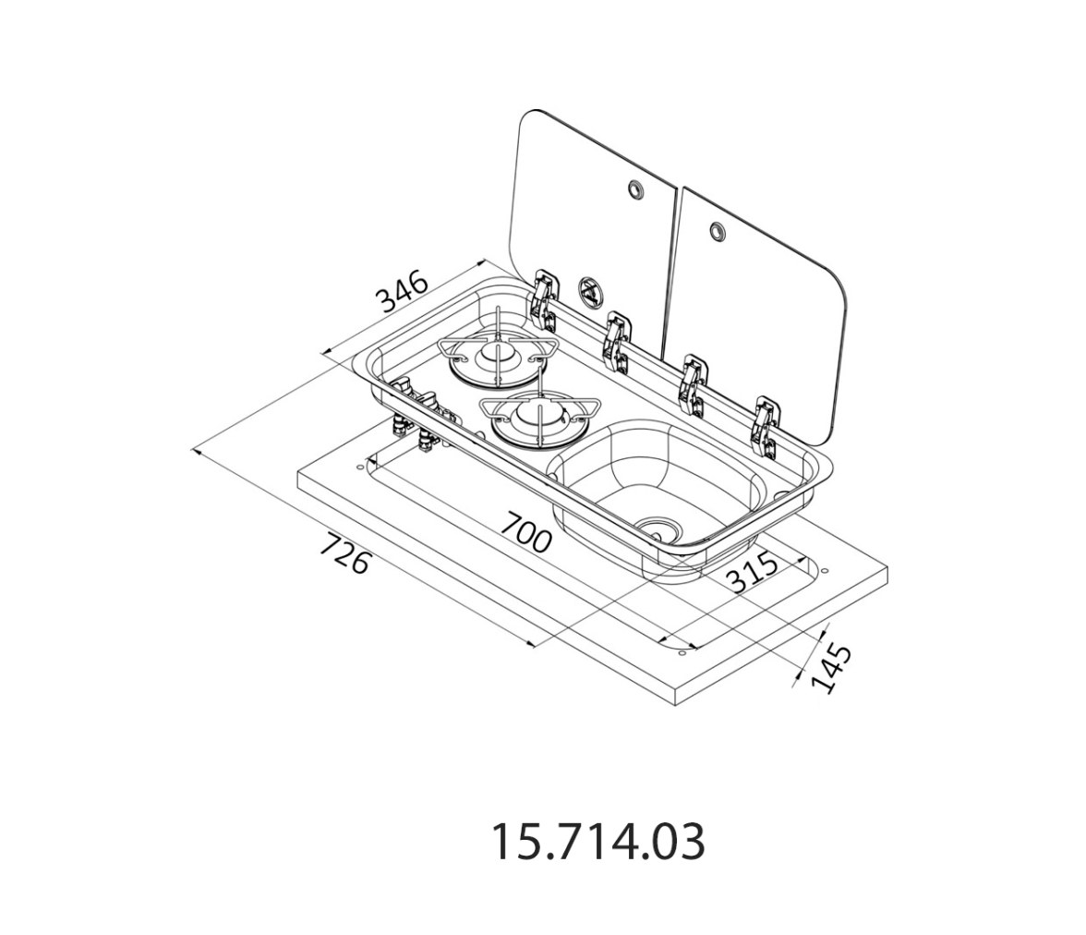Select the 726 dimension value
coord(344,552)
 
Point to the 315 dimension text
coord(754,573)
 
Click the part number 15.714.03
coord(598,842)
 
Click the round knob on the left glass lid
coord(633,188)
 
